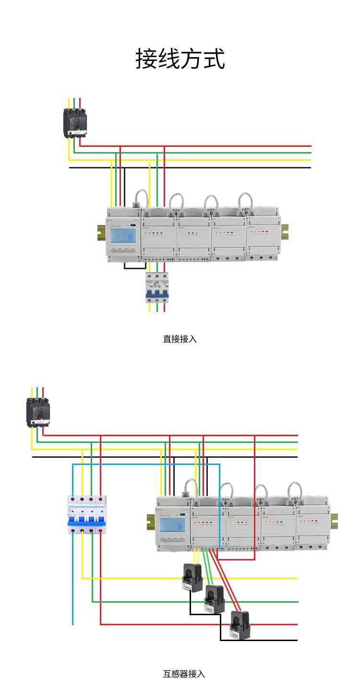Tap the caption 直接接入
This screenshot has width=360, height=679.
[180, 339]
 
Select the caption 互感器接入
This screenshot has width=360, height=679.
[184, 674]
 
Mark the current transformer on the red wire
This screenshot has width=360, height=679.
[240, 624]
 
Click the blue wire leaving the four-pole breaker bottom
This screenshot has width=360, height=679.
[73, 576]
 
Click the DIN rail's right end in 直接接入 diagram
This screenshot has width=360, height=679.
[285, 231]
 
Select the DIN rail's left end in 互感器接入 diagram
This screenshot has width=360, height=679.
[150, 522]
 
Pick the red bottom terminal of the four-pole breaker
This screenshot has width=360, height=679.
[100, 531]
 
